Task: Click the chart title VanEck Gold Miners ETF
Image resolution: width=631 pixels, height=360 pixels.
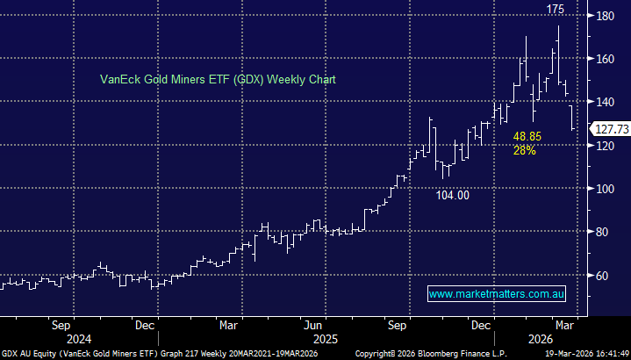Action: pyautogui.click(x=215, y=79)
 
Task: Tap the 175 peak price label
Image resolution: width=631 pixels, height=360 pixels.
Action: pyautogui.click(x=555, y=10)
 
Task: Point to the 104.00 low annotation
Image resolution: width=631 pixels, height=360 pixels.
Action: pyautogui.click(x=453, y=196)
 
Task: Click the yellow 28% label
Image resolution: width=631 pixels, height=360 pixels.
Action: pyautogui.click(x=526, y=151)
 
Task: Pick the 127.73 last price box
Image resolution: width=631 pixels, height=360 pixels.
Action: pyautogui.click(x=610, y=128)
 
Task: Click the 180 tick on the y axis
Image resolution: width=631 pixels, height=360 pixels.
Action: pyautogui.click(x=606, y=16)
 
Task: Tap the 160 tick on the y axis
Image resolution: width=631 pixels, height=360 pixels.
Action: pyautogui.click(x=606, y=59)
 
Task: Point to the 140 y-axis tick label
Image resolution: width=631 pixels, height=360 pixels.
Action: pyautogui.click(x=606, y=102)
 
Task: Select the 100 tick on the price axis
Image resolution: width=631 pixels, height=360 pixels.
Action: pyautogui.click(x=606, y=189)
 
